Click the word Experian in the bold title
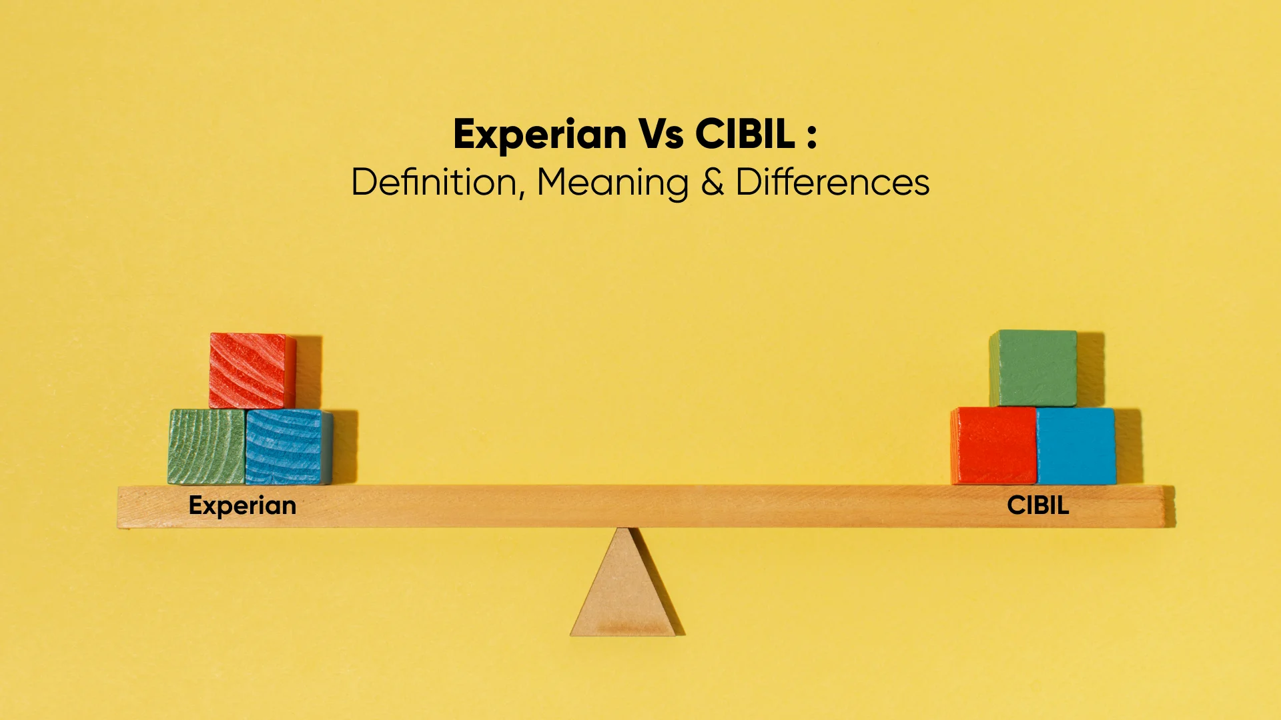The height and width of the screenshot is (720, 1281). pyautogui.click(x=539, y=135)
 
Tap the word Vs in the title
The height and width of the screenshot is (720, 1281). pyautogui.click(x=661, y=134)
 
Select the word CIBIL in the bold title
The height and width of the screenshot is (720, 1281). pyautogui.click(x=745, y=134)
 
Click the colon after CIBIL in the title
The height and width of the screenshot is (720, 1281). pyautogui.click(x=811, y=135)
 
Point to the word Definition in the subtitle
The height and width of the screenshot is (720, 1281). pyautogui.click(x=434, y=182)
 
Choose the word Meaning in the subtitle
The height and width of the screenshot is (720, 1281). pyautogui.click(x=612, y=183)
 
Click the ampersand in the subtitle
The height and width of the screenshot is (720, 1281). pyautogui.click(x=713, y=183)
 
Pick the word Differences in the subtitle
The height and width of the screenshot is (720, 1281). pyautogui.click(x=832, y=182)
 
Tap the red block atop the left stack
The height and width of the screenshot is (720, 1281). pyautogui.click(x=252, y=371)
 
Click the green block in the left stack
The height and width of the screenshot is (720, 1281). pyautogui.click(x=206, y=447)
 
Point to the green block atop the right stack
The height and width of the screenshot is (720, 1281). pyautogui.click(x=1033, y=368)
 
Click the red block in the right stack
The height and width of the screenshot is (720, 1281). pyautogui.click(x=993, y=445)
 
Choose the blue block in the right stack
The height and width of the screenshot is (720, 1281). pyautogui.click(x=1076, y=445)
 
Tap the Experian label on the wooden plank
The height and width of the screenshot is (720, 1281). pyautogui.click(x=242, y=506)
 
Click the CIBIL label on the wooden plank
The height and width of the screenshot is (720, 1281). pyautogui.click(x=1037, y=505)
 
